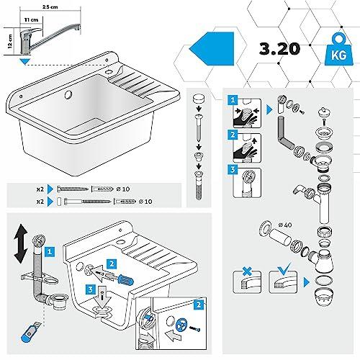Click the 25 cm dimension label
(50, 6)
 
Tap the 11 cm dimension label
(31, 19)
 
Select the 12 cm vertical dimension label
(10, 41)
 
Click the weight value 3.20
(279, 49)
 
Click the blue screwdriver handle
(125, 280)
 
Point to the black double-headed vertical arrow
(21, 243)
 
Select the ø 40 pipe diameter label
(285, 225)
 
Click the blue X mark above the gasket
(247, 271)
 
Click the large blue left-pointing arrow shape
(212, 49)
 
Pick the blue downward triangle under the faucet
(24, 62)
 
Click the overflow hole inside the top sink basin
(68, 94)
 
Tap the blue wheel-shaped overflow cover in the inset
(181, 325)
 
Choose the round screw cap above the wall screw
(199, 99)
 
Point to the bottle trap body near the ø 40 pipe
(323, 261)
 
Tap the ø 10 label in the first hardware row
(123, 189)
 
